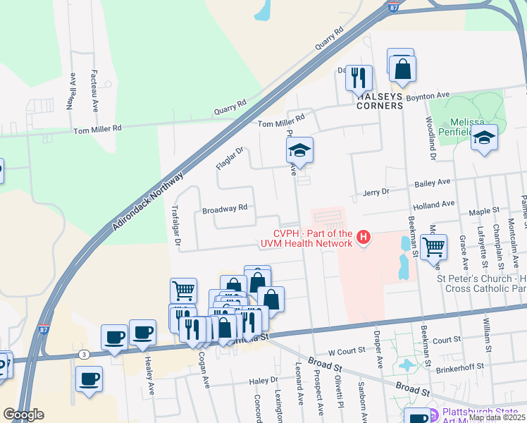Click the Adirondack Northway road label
pyautogui.click(x=149, y=202)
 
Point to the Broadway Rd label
pyautogui.click(x=224, y=209)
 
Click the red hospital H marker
pyautogui.click(x=364, y=237)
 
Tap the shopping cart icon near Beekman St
pyautogui.click(x=433, y=247)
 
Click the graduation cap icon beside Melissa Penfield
pyautogui.click(x=485, y=138)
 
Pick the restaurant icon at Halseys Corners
pyautogui.click(x=359, y=78)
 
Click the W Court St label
pyautogui.click(x=347, y=350)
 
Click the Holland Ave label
pyautogui.click(x=433, y=204)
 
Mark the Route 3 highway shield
pyautogui.click(x=85, y=354)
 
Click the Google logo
pyautogui.click(x=24, y=415)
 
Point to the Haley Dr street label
pyautogui.click(x=264, y=381)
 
